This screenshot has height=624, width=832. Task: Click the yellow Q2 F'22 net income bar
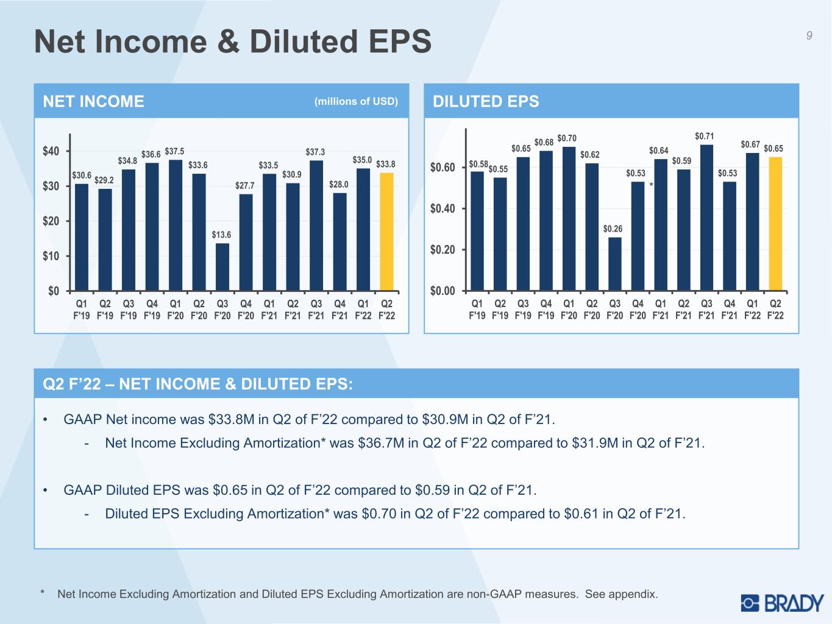pyautogui.click(x=386, y=232)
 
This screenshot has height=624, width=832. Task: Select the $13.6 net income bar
pyautogui.click(x=222, y=267)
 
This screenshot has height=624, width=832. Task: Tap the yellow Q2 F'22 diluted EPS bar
pyautogui.click(x=775, y=224)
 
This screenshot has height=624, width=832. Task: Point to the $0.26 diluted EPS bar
pyautogui.click(x=615, y=264)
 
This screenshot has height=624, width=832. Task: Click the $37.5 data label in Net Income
pyautogui.click(x=174, y=152)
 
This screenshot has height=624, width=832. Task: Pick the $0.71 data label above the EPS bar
pyautogui.click(x=704, y=136)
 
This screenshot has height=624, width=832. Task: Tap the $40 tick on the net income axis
pyautogui.click(x=51, y=151)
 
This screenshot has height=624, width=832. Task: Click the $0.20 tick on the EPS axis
pyautogui.click(x=443, y=250)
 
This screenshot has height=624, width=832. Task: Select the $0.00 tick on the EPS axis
pyautogui.click(x=443, y=291)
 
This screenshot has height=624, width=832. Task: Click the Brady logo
pyautogui.click(x=783, y=603)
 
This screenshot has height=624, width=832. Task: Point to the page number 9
pyautogui.click(x=809, y=35)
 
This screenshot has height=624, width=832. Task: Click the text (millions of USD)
pyautogui.click(x=356, y=102)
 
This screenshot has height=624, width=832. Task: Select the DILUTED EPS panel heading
pyautogui.click(x=486, y=102)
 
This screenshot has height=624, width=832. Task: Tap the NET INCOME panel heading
pyautogui.click(x=93, y=102)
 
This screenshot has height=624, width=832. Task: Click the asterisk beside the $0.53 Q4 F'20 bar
pyautogui.click(x=651, y=185)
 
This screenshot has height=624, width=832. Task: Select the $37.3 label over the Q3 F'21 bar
pyautogui.click(x=315, y=152)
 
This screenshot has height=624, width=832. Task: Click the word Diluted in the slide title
pyautogui.click(x=304, y=41)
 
